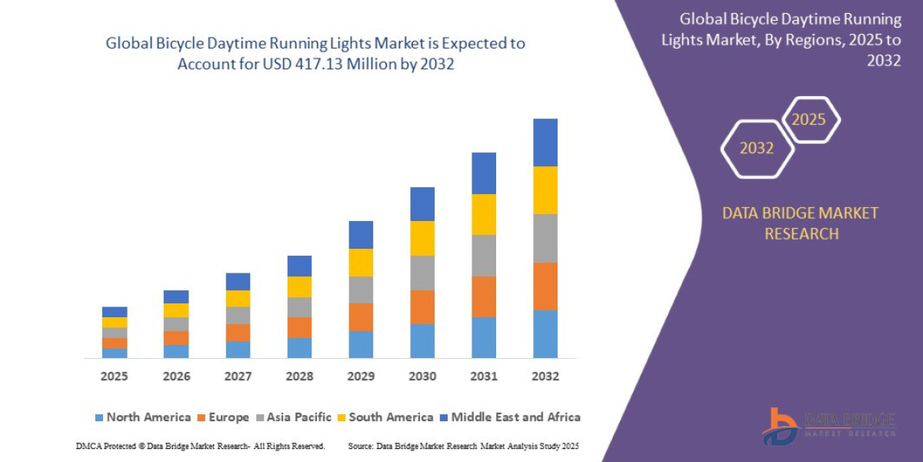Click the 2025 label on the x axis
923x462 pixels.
[x=114, y=377]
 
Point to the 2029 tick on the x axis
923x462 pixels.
[x=361, y=377]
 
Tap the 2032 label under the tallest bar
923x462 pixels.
[x=545, y=377]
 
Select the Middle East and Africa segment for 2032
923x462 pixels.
[x=545, y=142]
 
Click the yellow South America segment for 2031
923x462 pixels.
[x=484, y=214]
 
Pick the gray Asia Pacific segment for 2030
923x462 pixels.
[x=422, y=273]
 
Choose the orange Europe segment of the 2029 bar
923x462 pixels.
[x=361, y=316]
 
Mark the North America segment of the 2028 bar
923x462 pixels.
[x=299, y=348]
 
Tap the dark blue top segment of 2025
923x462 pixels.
[x=115, y=312]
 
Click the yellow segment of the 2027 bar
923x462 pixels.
[x=238, y=298]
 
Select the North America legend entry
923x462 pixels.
[x=142, y=417]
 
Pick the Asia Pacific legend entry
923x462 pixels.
[x=296, y=417]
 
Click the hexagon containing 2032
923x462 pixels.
[x=757, y=149]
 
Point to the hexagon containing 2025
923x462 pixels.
[x=809, y=119]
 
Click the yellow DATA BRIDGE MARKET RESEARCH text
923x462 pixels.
[x=800, y=223]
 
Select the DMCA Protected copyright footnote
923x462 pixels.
[x=200, y=446]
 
